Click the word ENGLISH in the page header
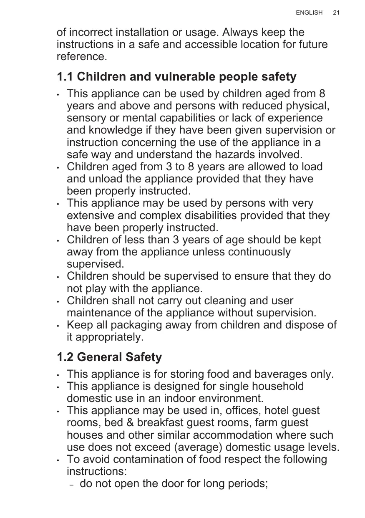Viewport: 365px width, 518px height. coord(309,13)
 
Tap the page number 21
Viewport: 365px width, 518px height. coord(336,13)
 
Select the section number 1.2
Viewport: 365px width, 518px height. coord(65,357)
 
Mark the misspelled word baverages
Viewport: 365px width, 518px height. coord(271,374)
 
